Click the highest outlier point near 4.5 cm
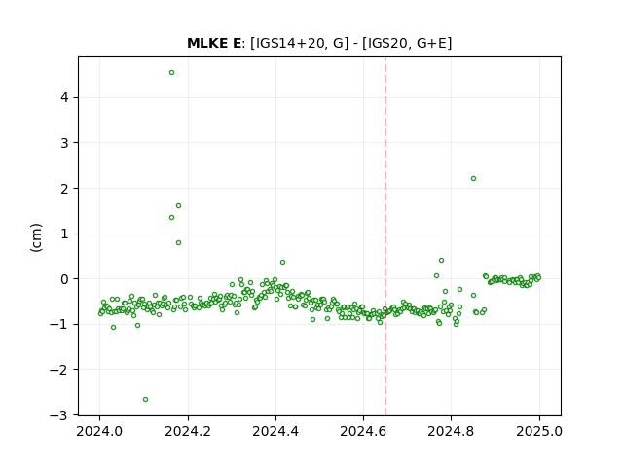(171, 72)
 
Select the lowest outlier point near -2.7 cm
(145, 399)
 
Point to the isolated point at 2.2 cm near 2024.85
(473, 178)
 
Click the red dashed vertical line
(385, 236)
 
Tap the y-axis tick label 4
(64, 97)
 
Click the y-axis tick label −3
(58, 415)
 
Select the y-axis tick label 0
(64, 279)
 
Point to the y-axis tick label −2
(58, 370)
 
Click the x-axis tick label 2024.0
(99, 431)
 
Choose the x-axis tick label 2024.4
(275, 431)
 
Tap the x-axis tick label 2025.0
(539, 431)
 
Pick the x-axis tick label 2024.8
(451, 431)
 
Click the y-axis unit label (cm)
(36, 237)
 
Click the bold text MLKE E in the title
(214, 43)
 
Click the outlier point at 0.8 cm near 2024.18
(178, 242)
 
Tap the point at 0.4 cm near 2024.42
(282, 262)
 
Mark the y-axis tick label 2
(64, 189)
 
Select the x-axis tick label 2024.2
(188, 431)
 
